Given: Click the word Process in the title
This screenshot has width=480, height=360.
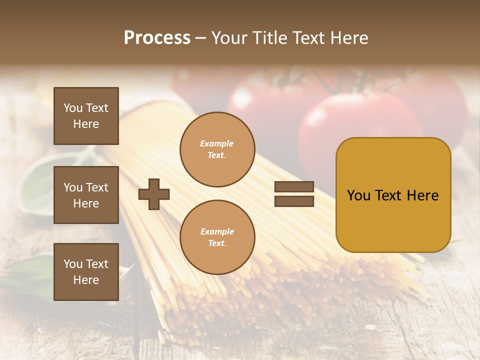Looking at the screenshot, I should click(x=157, y=38).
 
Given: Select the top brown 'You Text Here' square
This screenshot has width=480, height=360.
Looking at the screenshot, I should click(x=86, y=116).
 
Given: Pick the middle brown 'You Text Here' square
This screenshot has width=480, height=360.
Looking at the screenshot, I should click(x=86, y=195).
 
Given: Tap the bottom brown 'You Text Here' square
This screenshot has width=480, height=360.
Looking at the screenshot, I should click(x=86, y=272).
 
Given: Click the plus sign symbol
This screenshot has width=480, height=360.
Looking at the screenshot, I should click(x=154, y=194).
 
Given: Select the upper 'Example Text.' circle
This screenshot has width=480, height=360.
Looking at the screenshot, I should click(x=217, y=149).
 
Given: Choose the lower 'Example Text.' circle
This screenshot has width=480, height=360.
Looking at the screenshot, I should click(x=217, y=237).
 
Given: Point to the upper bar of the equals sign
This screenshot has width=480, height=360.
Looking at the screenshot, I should click(x=294, y=187).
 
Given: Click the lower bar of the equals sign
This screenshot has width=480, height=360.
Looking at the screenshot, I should click(x=294, y=201).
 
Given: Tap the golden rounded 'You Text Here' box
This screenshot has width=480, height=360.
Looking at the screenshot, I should click(x=393, y=195).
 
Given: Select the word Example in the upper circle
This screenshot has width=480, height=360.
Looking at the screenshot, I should click(x=216, y=143).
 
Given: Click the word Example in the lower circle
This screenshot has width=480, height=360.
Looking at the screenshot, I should click(x=217, y=231).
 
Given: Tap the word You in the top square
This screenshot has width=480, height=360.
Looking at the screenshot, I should click(x=72, y=108).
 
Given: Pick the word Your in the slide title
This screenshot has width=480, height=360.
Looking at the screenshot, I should click(x=231, y=38).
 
